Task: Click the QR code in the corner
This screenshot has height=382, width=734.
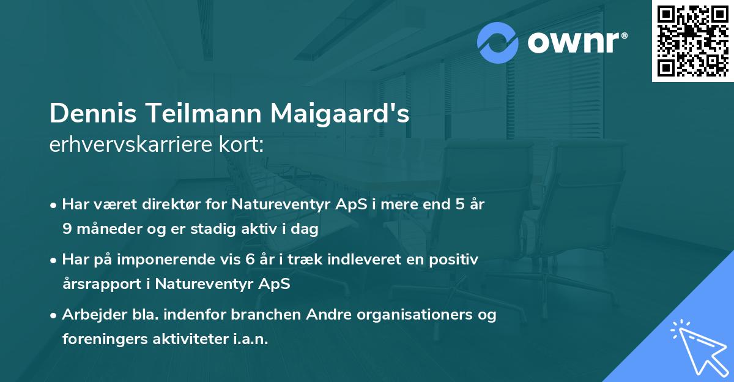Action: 693,40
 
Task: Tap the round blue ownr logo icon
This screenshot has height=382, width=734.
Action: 498,43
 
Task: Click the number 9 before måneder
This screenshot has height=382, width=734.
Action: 67,230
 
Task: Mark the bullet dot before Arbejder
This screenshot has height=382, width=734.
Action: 54,315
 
